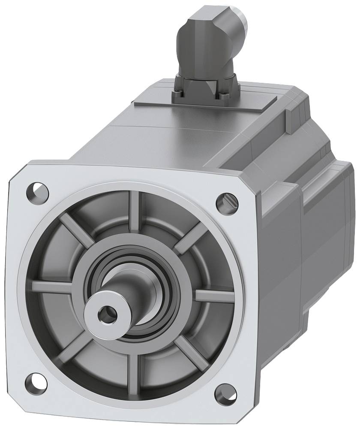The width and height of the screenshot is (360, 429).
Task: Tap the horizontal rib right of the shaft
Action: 214,296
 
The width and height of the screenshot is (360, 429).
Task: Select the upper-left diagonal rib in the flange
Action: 75,227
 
